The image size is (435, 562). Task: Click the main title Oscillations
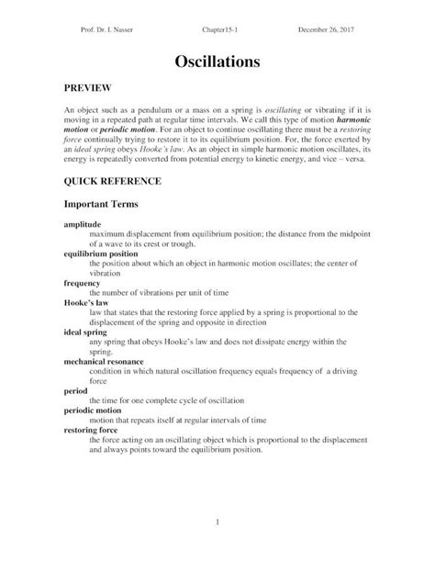(x=217, y=62)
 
